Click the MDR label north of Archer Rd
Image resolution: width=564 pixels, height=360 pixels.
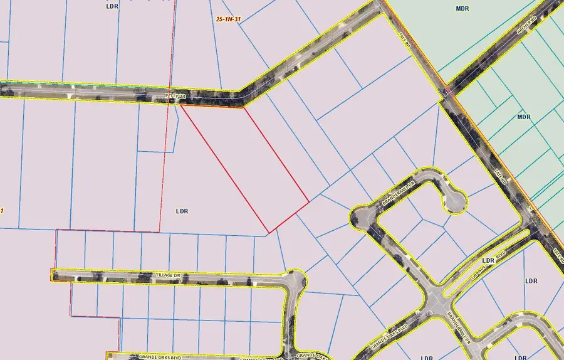[462, 9]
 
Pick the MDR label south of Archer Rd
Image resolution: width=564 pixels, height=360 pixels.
[524, 117]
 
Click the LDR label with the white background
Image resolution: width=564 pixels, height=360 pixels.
[489, 260]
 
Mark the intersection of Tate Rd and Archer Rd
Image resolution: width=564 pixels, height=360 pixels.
[446, 91]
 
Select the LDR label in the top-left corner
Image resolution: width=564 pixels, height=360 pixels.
[112, 6]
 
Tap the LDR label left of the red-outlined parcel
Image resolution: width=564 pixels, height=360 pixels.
[182, 211]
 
